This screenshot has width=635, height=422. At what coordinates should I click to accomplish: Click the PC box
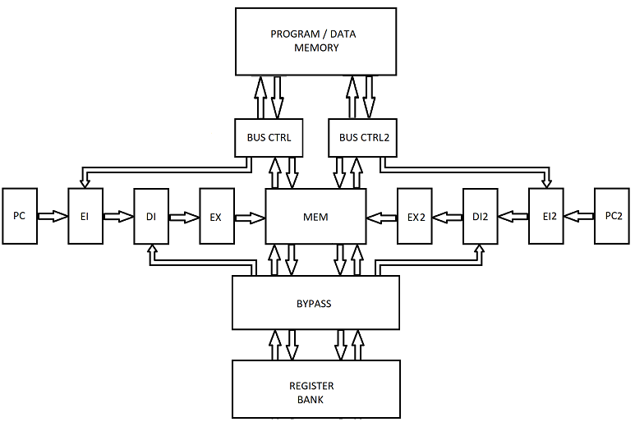click(x=20, y=217)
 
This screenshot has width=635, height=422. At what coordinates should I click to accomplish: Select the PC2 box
click(x=613, y=217)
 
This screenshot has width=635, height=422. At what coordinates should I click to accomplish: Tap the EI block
click(x=85, y=217)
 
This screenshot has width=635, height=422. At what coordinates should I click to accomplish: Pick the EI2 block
click(x=546, y=217)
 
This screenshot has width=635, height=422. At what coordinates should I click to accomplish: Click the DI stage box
click(x=151, y=217)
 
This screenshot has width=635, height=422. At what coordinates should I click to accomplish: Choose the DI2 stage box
click(x=481, y=217)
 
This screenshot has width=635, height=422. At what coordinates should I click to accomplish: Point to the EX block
click(x=216, y=217)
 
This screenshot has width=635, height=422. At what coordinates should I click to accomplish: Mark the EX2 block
click(x=414, y=217)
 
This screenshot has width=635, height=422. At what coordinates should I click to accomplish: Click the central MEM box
click(x=315, y=217)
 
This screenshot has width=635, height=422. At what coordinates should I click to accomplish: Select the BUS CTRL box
click(x=269, y=137)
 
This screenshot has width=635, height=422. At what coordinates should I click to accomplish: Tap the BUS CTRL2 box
click(x=363, y=137)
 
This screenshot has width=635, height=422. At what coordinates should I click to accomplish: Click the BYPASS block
click(x=315, y=303)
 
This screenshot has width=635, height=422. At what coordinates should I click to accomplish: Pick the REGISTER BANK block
click(x=315, y=392)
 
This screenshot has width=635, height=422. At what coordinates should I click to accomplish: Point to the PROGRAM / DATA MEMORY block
click(x=316, y=41)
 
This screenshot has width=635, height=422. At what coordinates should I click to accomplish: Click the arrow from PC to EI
click(x=53, y=218)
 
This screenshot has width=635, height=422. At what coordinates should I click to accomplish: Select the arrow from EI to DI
click(x=117, y=218)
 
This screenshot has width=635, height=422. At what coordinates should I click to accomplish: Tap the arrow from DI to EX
click(x=184, y=218)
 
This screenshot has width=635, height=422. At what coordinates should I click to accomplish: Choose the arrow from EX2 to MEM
click(x=381, y=218)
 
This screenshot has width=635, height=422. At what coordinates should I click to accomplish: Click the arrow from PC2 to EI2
click(x=579, y=218)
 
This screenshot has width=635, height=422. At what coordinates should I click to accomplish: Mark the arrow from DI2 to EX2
click(x=448, y=218)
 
